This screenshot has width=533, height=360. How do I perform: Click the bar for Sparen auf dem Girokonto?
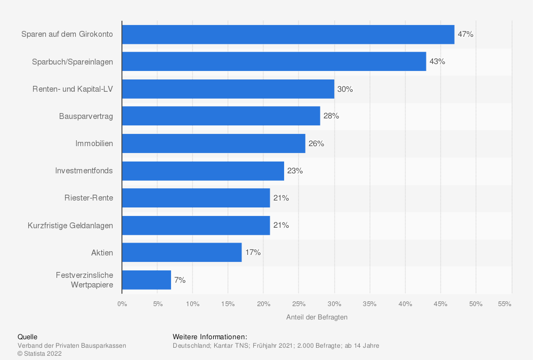tap(288, 34)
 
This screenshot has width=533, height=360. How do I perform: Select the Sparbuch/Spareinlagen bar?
tap(274, 61)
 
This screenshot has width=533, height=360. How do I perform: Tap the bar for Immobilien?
tap(213, 143)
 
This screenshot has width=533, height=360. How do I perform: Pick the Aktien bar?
tap(182, 252)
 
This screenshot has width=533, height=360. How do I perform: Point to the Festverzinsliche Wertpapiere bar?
tap(147, 279)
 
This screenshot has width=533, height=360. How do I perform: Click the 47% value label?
tap(465, 34)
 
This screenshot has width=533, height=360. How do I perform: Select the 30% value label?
tap(345, 89)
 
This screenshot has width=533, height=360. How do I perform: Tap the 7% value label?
tap(180, 279)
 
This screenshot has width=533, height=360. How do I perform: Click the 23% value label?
tap(295, 171)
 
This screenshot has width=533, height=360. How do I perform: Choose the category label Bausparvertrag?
tap(86, 116)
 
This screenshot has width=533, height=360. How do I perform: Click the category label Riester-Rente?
tap(88, 198)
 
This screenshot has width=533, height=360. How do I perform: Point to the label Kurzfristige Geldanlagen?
tap(70, 226)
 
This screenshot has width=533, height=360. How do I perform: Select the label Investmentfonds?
tap(84, 171)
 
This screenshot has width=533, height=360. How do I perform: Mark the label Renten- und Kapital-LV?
tap(72, 89)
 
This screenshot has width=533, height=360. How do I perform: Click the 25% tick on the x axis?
tap(299, 304)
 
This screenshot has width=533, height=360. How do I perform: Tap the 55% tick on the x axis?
tap(505, 304)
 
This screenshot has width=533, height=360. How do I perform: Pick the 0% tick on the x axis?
tap(122, 304)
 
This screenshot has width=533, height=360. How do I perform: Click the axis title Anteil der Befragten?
tap(317, 317)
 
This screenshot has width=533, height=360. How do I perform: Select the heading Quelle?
tap(28, 337)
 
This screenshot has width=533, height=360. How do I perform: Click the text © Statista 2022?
tap(40, 353)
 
